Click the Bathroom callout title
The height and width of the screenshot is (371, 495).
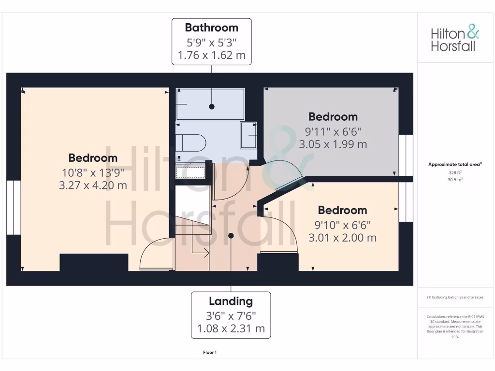click(x=211, y=28)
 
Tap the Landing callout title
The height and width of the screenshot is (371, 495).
click(x=231, y=301)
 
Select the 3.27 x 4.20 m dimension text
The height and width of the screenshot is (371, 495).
click(x=93, y=185)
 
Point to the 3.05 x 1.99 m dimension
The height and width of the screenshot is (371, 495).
click(x=333, y=144)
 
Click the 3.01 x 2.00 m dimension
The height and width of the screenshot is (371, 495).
click(x=342, y=238)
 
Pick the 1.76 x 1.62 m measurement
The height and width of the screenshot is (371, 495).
click(x=211, y=55)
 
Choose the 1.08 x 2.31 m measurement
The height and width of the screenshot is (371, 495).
click(x=231, y=329)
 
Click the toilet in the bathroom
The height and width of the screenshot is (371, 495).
click(x=191, y=143)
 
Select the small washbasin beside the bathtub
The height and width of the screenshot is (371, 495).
click(x=249, y=136)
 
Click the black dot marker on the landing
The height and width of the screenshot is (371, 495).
click(x=231, y=236)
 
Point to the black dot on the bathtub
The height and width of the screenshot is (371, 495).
click(x=211, y=106)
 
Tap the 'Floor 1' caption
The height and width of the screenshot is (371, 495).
click(x=210, y=353)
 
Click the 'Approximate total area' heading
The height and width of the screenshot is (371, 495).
click(x=455, y=165)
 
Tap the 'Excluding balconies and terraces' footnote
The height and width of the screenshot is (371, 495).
click(x=455, y=298)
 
